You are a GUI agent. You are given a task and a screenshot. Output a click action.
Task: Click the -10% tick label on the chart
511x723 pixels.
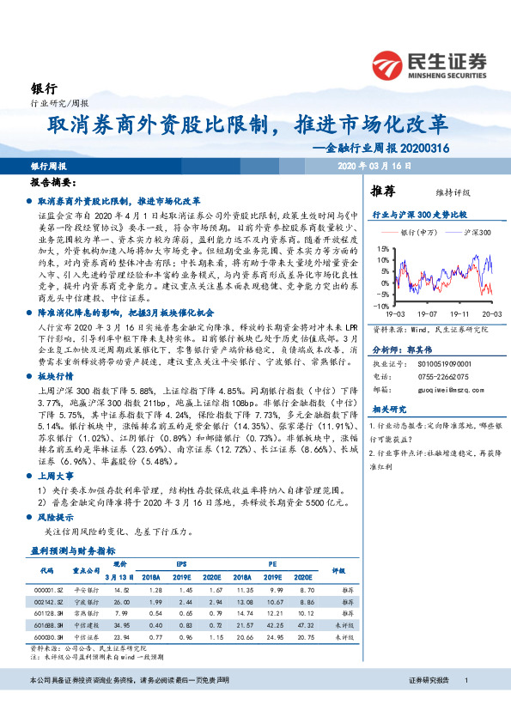[380, 306]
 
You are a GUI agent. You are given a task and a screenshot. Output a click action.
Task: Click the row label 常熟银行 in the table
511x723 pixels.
[85, 614]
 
